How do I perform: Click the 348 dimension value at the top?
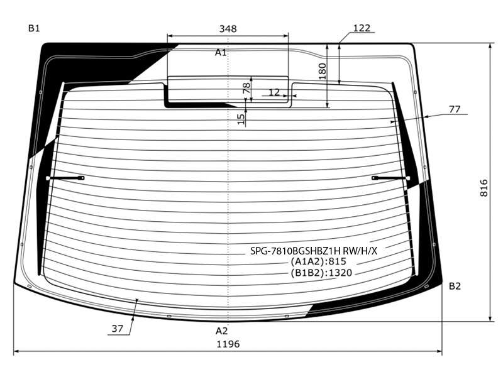click(228, 29)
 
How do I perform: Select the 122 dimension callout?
click(362, 28)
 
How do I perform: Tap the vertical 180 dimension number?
click(323, 71)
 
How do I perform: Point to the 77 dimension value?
click(454, 109)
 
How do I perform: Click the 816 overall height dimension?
click(484, 188)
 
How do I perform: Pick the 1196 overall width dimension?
click(228, 344)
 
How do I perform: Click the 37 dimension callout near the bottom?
click(117, 329)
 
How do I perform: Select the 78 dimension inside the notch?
click(246, 88)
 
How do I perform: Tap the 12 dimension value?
click(274, 92)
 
